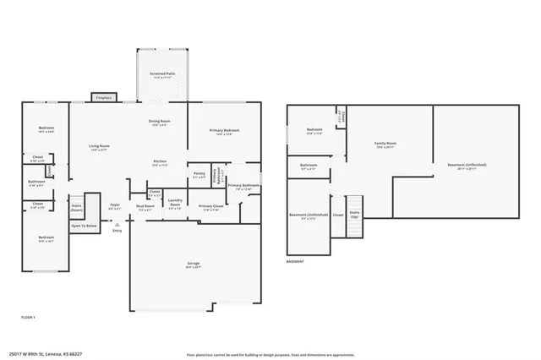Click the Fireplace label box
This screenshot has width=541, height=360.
(x=103, y=97)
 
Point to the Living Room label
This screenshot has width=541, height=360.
(x=100, y=147)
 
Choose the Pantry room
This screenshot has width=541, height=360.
(x=199, y=175)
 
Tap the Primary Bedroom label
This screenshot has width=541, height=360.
(x=224, y=132)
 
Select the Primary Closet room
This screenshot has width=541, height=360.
(x=210, y=208)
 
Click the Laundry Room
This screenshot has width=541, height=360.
(x=175, y=204)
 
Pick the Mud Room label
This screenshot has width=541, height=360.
(x=147, y=206)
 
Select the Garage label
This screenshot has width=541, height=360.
(x=194, y=265)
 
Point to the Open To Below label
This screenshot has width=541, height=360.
(x=84, y=226)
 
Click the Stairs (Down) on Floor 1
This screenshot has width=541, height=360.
(x=76, y=207)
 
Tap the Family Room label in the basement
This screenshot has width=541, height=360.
(x=385, y=145)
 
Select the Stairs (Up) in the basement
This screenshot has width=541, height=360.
(x=354, y=215)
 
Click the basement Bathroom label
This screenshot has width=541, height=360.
(x=308, y=166)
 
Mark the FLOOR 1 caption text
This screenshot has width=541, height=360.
(x=28, y=316)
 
